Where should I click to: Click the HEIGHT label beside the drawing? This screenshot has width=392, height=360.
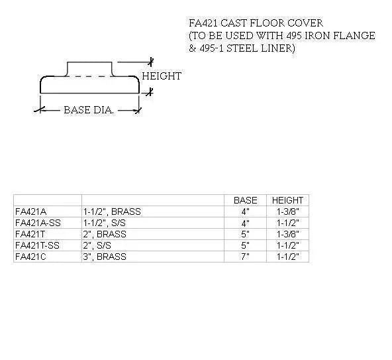[x=161, y=76]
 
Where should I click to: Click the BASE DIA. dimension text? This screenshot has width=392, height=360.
[x=89, y=110]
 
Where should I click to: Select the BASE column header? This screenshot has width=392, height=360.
[x=246, y=200]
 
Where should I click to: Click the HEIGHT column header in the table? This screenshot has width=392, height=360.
[x=287, y=200]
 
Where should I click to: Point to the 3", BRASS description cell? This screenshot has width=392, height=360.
[x=104, y=257]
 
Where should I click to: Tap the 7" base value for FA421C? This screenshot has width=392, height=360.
[x=246, y=257]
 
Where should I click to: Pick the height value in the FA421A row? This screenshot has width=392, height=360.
[x=287, y=211]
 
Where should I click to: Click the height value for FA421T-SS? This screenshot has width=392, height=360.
[x=287, y=245]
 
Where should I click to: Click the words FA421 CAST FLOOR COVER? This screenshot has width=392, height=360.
[x=256, y=23]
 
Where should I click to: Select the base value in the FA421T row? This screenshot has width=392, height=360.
[x=246, y=234]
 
